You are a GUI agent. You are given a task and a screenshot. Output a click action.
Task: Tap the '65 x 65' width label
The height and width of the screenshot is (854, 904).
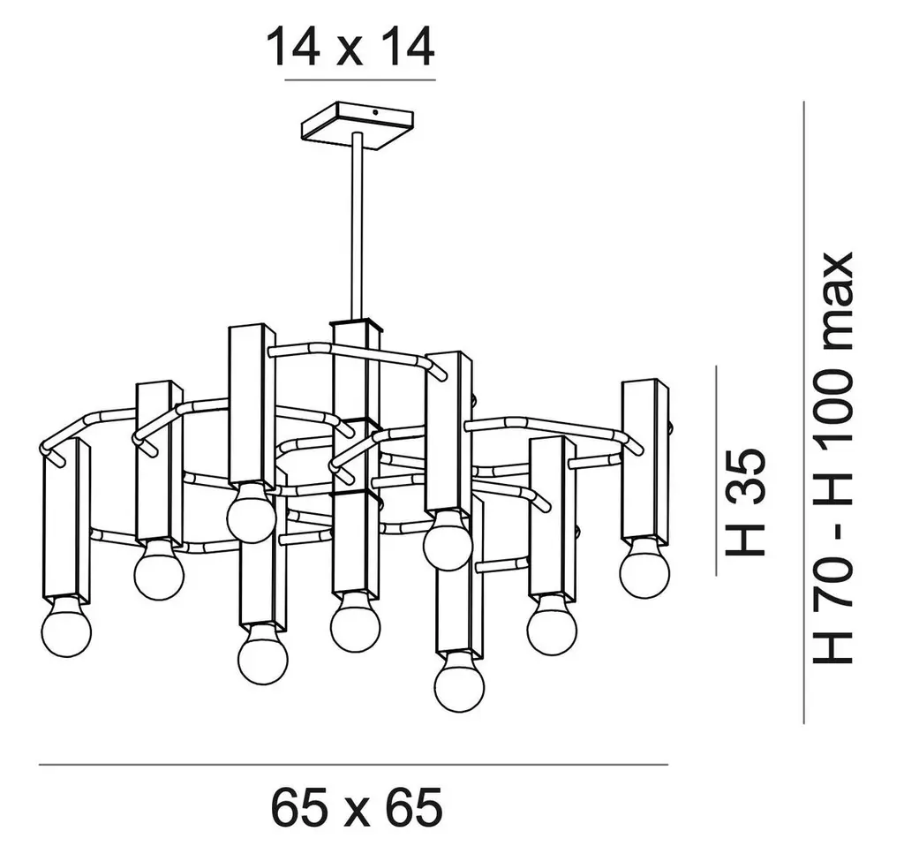click(357, 806)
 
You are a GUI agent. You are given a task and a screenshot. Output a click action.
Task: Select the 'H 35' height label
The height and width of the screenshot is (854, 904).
click(745, 503)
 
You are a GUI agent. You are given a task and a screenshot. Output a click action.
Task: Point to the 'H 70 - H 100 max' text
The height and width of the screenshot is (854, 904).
click(832, 457)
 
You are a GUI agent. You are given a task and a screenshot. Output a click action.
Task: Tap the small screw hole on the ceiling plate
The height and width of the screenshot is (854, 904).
click(376, 113)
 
